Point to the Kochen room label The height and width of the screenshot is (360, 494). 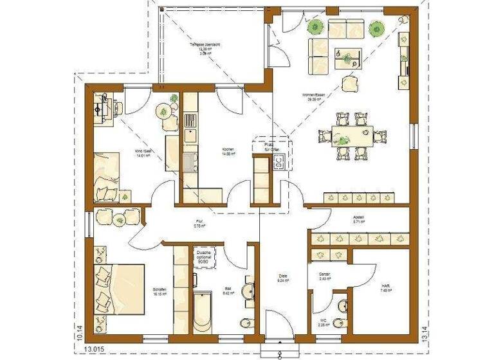(x=228, y=150)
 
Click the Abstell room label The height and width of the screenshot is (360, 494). (x=358, y=219)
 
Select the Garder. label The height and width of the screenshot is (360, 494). (x=324, y=276)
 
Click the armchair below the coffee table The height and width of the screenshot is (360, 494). (x=350, y=84)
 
